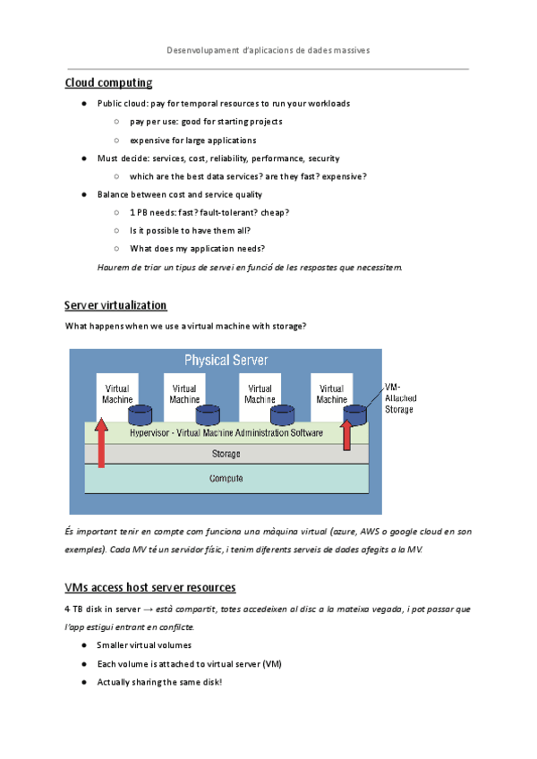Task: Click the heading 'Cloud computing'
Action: pyautogui.click(x=108, y=83)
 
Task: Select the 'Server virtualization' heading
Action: pyautogui.click(x=115, y=305)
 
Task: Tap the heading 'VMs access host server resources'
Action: pyautogui.click(x=150, y=587)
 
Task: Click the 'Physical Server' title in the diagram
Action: pyautogui.click(x=226, y=360)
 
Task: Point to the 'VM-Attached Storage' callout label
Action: pyautogui.click(x=399, y=397)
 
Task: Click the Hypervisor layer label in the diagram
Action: pyautogui.click(x=226, y=432)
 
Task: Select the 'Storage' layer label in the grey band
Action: pyautogui.click(x=226, y=455)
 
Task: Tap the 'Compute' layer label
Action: pyautogui.click(x=226, y=479)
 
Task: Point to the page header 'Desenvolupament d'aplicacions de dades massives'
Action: pyautogui.click(x=268, y=50)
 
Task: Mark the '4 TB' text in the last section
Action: pyautogui.click(x=75, y=609)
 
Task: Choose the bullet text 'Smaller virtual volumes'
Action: pyautogui.click(x=144, y=644)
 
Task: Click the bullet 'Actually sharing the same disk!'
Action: pyautogui.click(x=158, y=682)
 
